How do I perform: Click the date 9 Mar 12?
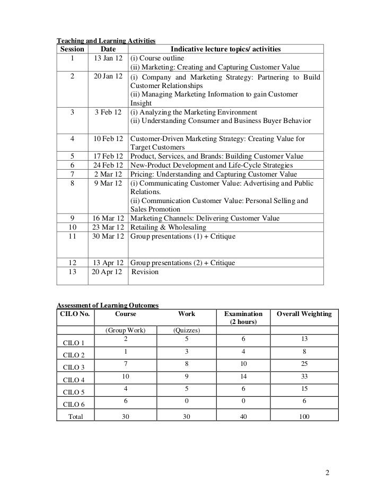pos(108,183)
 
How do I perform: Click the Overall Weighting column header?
pos(304,314)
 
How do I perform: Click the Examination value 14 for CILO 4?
pos(243,377)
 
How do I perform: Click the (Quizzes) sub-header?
pos(186,330)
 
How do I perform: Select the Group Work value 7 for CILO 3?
pos(125,364)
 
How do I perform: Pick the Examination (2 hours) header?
pos(243,318)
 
